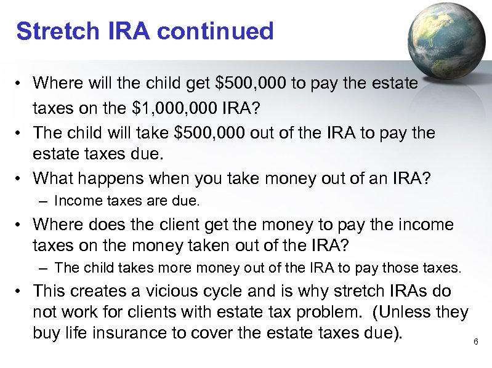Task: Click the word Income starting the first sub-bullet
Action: [x=73, y=201]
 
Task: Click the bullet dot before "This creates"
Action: [x=20, y=291]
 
